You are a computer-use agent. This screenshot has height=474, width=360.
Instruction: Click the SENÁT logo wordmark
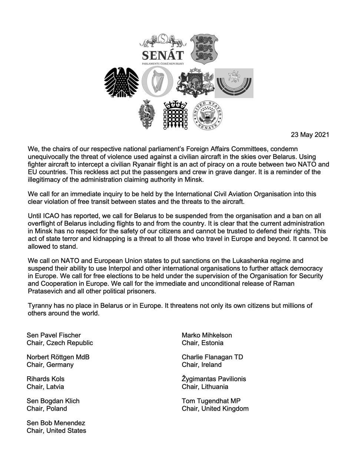(x=163, y=55)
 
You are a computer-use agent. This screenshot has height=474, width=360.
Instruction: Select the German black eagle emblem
(x=121, y=83)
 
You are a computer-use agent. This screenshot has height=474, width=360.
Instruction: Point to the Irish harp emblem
(x=157, y=83)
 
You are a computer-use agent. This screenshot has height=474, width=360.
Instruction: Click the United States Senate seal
(x=207, y=116)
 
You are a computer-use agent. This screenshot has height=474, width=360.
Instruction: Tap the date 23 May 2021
(x=310, y=135)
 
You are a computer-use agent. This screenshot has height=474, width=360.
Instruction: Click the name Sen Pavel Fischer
(x=54, y=335)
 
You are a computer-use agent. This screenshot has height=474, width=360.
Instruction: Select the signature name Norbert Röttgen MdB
(x=58, y=357)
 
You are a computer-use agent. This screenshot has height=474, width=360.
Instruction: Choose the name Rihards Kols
(x=46, y=379)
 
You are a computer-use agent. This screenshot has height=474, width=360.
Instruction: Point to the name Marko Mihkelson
(x=207, y=335)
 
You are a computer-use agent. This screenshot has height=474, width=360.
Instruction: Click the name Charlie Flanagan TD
(x=212, y=357)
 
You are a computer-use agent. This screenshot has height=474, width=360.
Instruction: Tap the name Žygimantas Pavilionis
(x=214, y=379)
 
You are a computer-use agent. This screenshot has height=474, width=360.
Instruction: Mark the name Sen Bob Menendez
(x=56, y=423)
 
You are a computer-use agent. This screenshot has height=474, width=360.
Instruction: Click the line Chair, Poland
(x=47, y=408)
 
